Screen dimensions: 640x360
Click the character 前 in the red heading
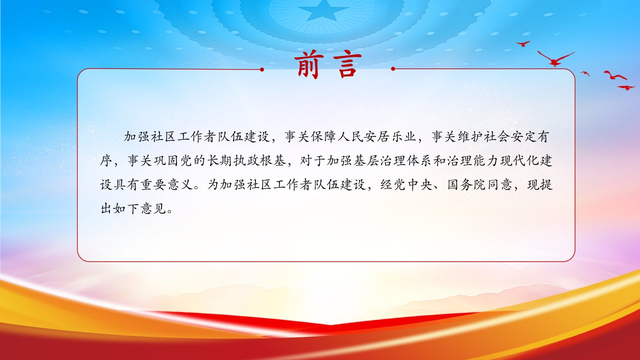pyautogui.click(x=307, y=65)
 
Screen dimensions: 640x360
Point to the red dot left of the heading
pyautogui.click(x=261, y=69)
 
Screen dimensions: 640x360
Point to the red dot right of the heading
pyautogui.click(x=393, y=69)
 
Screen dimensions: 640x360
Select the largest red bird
pyautogui.click(x=555, y=59)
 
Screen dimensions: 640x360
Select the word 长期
pyautogui.click(x=219, y=161)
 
